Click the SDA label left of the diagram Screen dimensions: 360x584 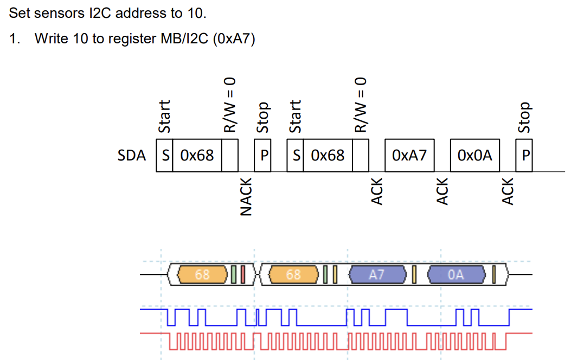132,156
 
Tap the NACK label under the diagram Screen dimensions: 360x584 246,196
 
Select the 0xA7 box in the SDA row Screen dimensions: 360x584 409,156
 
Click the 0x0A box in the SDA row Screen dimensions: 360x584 475,156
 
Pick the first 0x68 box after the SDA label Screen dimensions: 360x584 197,156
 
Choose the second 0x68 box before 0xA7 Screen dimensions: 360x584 328,156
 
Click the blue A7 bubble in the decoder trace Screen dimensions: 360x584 377,275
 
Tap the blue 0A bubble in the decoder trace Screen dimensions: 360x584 457,275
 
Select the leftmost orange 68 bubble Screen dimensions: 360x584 202,275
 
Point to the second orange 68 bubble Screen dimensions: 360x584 293,275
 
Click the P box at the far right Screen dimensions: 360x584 524,156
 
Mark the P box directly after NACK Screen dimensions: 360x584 263,156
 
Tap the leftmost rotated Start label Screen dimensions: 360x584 164,115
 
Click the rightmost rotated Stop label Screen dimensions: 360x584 524,117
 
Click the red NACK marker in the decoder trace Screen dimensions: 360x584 242,275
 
